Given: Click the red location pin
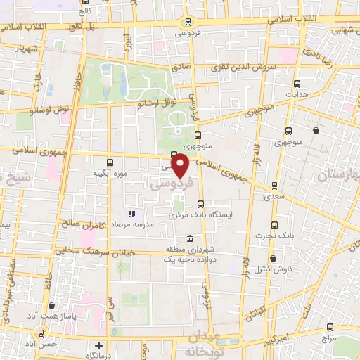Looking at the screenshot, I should tap(181, 167).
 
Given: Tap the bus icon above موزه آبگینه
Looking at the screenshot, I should tap(108, 161).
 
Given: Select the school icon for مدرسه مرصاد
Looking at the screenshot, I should tap(131, 214).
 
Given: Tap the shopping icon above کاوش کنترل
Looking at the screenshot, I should tap(277, 257).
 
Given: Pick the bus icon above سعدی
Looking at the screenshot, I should tap(274, 186).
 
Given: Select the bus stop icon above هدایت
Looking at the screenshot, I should tap(296, 83).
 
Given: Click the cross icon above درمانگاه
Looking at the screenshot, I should tap(99, 346).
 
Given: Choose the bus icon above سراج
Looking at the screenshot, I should tap(332, 327).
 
